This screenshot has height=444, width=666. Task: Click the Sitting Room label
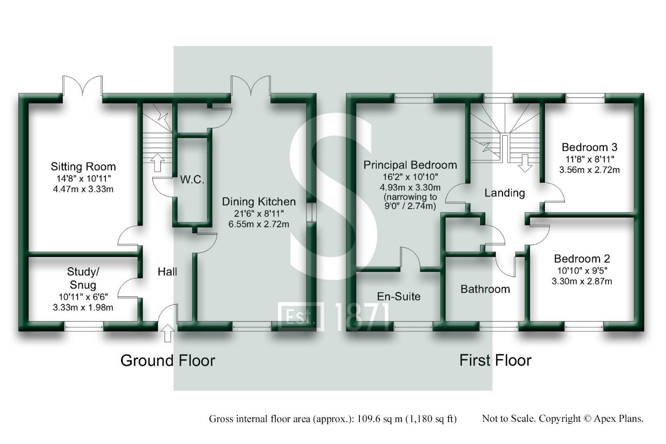(x=83, y=166)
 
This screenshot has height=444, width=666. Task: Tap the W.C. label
(x=192, y=180)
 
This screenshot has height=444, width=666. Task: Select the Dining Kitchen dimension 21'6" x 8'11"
(x=259, y=213)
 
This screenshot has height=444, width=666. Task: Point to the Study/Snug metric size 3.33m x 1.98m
(x=83, y=307)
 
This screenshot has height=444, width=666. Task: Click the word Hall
(x=167, y=271)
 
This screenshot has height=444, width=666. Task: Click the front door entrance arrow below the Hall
(x=167, y=333)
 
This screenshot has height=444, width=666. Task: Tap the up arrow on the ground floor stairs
(x=157, y=163)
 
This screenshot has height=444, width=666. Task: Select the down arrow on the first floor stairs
(x=525, y=163)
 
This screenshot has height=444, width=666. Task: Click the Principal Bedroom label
(x=410, y=165)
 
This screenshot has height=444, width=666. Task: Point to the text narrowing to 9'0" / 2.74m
(x=410, y=201)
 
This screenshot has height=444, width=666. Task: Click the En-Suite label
(x=398, y=296)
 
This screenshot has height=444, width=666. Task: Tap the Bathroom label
(x=485, y=289)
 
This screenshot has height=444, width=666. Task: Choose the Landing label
(x=504, y=193)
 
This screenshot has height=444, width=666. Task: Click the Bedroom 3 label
(x=589, y=147)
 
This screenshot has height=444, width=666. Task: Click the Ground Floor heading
(x=167, y=361)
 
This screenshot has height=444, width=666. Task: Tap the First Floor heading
(x=495, y=361)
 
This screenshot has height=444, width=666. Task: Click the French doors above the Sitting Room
(x=82, y=86)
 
